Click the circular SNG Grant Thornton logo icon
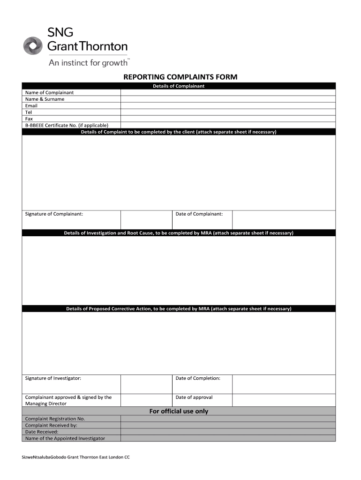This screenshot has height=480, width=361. (x=33, y=46)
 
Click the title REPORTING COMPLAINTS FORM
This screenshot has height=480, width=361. (x=180, y=77)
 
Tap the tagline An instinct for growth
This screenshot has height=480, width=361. (x=88, y=62)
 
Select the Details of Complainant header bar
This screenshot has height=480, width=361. (x=179, y=86)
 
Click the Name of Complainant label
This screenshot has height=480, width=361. (x=49, y=92)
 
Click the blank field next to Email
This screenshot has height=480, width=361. (x=228, y=105)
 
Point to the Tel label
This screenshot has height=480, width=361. (x=29, y=112)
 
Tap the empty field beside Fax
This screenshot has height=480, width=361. (x=228, y=119)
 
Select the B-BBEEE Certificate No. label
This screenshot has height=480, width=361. (x=67, y=125)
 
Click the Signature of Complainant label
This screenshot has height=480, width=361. (x=54, y=214)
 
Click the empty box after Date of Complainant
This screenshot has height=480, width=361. (x=284, y=219)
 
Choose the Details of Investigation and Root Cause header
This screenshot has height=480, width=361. (x=179, y=233)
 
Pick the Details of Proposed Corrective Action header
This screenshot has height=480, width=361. (x=179, y=309)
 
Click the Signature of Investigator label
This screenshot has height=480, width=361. (x=53, y=378)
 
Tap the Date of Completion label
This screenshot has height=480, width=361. (x=198, y=378)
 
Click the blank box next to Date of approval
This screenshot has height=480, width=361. (x=284, y=400)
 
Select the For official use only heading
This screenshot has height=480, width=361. (x=179, y=411)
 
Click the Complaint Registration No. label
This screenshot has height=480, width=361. (x=55, y=419)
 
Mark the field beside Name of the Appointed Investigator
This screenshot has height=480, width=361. (x=228, y=438)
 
